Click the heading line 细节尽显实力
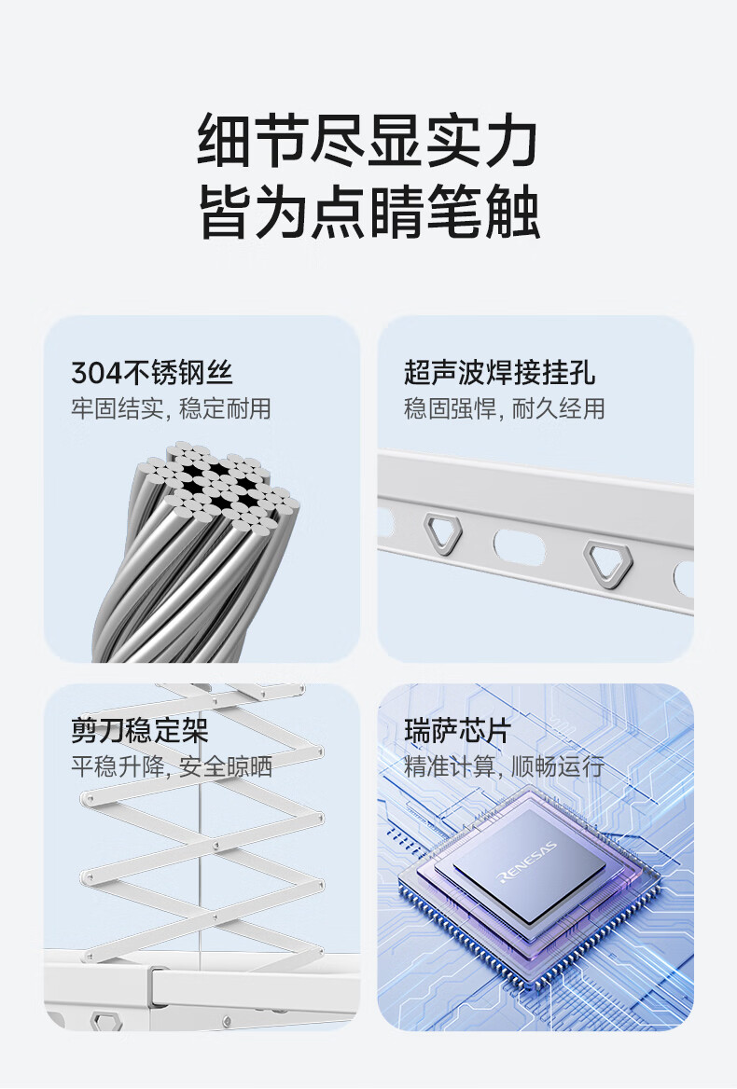[x=368, y=141]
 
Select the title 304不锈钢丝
[x=152, y=372]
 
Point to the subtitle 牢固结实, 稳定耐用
[x=171, y=408]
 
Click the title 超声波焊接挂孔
[x=499, y=372]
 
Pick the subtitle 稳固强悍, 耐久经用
[x=505, y=408]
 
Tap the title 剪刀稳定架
[x=140, y=731]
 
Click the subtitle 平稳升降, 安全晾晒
[x=172, y=766]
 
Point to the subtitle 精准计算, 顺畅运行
[x=505, y=766]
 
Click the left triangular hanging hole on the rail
[x=443, y=533]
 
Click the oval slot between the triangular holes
[x=520, y=547]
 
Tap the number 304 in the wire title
[x=96, y=373]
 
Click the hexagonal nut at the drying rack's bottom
[x=106, y=1021]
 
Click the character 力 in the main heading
[x=512, y=141]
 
